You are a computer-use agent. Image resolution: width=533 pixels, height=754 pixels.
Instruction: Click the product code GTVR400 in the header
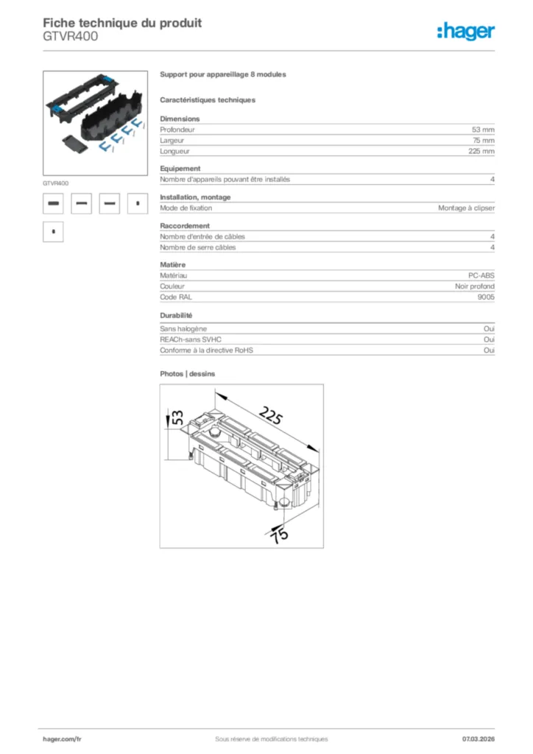tap(70, 36)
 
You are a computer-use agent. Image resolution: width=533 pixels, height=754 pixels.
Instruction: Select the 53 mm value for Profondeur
tap(483, 129)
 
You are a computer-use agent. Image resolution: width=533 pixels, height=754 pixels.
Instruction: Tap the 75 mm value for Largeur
tap(483, 140)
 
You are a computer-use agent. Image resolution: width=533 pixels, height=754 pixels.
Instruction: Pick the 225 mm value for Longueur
tap(481, 151)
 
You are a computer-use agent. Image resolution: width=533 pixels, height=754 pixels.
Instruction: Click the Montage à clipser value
tap(466, 208)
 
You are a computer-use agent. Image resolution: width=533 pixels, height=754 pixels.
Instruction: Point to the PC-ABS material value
tap(481, 275)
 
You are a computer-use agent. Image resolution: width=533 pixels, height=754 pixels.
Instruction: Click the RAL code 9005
tap(486, 297)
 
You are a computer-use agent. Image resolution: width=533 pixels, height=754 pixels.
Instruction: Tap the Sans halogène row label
tap(183, 328)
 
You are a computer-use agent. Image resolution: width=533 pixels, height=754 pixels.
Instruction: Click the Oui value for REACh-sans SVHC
tap(489, 339)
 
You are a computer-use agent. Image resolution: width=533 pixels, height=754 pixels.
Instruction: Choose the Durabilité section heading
tap(176, 315)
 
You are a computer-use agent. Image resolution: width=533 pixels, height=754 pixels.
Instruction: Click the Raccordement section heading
tap(185, 225)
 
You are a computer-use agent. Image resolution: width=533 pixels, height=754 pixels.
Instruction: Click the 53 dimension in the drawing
tap(177, 417)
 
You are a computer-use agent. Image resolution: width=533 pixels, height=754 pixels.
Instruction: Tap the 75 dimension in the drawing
tap(279, 535)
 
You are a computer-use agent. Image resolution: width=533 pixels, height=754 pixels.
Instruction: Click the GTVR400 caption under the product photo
tap(56, 182)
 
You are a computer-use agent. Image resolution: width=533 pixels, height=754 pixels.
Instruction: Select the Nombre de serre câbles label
tap(198, 247)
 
